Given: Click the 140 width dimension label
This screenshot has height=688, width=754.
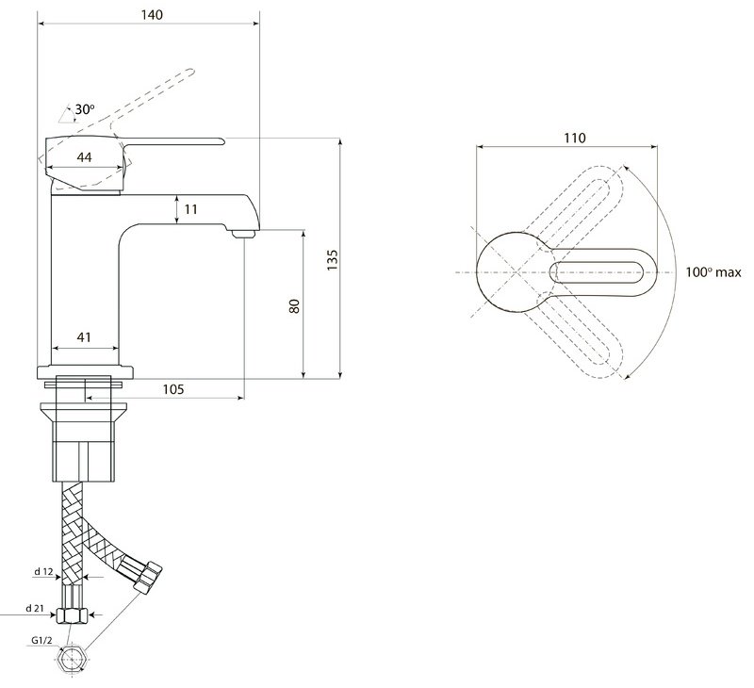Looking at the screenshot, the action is pyautogui.click(x=152, y=15).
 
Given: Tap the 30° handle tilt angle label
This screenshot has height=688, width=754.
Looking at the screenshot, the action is pyautogui.click(x=85, y=109).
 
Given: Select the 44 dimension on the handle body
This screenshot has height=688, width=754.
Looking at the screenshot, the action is pyautogui.click(x=84, y=157).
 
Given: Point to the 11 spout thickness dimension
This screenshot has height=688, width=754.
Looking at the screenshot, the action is pyautogui.click(x=191, y=209).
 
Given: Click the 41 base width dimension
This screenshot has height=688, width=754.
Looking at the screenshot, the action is pyautogui.click(x=84, y=337).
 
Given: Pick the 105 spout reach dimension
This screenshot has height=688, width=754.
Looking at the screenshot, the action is pyautogui.click(x=173, y=389).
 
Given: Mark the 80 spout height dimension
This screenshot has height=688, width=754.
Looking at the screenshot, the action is pyautogui.click(x=294, y=306).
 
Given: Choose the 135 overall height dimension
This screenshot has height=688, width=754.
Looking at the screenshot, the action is pyautogui.click(x=333, y=260).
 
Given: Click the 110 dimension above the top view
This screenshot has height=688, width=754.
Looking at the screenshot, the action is pyautogui.click(x=575, y=138).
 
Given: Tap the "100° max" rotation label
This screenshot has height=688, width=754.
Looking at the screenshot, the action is pyautogui.click(x=713, y=272).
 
